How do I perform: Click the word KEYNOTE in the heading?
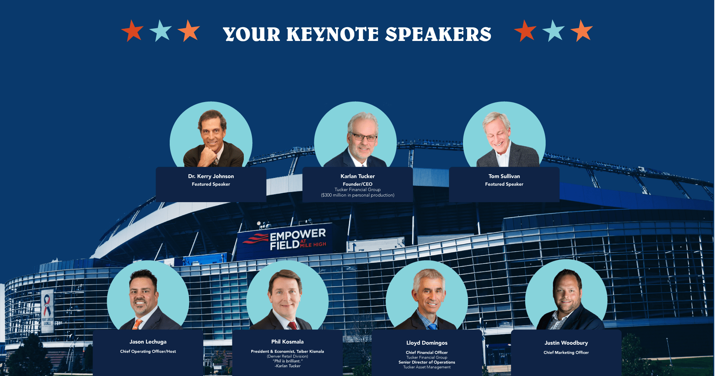pos(332,34)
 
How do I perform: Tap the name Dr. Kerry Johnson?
pos(211,176)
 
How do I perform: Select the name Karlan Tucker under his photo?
pos(358,176)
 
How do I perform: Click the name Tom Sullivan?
pos(504,176)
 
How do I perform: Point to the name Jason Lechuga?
pos(148,342)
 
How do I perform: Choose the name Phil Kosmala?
pos(287,342)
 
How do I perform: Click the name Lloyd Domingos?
pos(427,343)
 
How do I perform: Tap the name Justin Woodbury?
pos(566,343)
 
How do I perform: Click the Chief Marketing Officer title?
pos(566,353)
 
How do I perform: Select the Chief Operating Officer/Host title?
pos(148,351)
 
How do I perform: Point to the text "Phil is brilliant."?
pos(288,361)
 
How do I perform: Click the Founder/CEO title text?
pos(358,184)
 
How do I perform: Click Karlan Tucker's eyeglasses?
pos(363,137)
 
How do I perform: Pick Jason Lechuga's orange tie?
pos(137,324)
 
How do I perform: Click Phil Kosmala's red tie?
pos(293,326)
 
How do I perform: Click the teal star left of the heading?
pos(160,31)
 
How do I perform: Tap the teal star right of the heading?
pos(553,31)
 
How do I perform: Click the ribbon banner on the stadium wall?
pos(47,311)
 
